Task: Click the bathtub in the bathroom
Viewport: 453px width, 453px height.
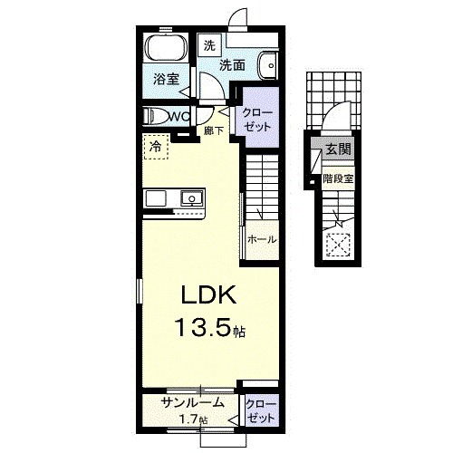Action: [167, 47]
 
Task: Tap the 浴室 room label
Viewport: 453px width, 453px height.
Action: [167, 79]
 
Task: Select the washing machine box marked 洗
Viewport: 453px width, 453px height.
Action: [209, 44]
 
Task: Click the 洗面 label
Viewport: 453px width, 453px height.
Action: [232, 65]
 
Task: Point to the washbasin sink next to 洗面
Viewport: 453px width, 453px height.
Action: [268, 65]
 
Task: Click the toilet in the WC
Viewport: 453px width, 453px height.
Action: [156, 117]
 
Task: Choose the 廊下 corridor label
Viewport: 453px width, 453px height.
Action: [214, 130]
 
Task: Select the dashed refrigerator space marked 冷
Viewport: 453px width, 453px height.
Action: [155, 147]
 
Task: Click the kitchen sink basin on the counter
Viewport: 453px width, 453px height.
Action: [192, 198]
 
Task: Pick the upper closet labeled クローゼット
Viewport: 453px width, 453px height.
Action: [257, 118]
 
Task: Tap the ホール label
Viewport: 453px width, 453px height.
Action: [262, 240]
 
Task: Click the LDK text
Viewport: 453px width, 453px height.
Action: [208, 294]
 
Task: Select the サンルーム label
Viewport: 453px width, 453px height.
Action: [193, 402]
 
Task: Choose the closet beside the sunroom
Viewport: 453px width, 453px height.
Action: [261, 410]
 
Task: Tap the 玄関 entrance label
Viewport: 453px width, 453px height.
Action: [338, 149]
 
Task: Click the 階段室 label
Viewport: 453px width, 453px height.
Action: [338, 179]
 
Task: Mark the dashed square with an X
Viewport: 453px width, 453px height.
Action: [338, 246]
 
